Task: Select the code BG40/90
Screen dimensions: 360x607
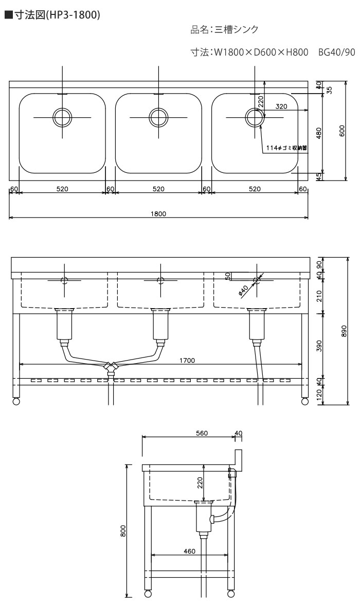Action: click(336, 52)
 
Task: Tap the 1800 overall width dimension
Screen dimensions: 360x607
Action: click(158, 213)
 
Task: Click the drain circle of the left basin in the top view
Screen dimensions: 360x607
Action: click(62, 117)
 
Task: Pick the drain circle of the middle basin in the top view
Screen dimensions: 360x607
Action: click(158, 117)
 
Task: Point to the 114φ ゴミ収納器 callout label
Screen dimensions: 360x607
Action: click(286, 148)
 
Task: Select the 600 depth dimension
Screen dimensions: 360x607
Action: click(342, 131)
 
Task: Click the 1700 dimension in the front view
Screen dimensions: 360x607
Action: click(187, 361)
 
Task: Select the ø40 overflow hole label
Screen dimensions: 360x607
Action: click(243, 291)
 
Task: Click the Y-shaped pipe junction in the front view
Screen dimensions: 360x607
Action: click(111, 367)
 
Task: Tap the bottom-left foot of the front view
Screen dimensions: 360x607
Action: click(16, 401)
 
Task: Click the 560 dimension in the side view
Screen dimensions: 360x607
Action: click(202, 433)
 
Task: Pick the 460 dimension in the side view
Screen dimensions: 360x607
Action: click(189, 551)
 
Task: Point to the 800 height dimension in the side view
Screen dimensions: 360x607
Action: click(123, 530)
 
